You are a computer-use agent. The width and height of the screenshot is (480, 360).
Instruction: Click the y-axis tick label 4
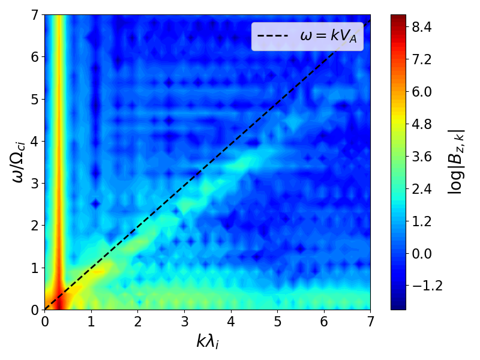(35, 142)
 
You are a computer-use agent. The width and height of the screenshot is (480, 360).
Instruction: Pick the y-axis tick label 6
(35, 58)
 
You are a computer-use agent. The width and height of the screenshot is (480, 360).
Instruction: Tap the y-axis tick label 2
(35, 226)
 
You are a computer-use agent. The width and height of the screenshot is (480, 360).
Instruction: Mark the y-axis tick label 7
(35, 16)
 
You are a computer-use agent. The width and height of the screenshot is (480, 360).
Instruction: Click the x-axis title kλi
(208, 341)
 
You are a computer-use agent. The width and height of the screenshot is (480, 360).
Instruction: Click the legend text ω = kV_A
(332, 37)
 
